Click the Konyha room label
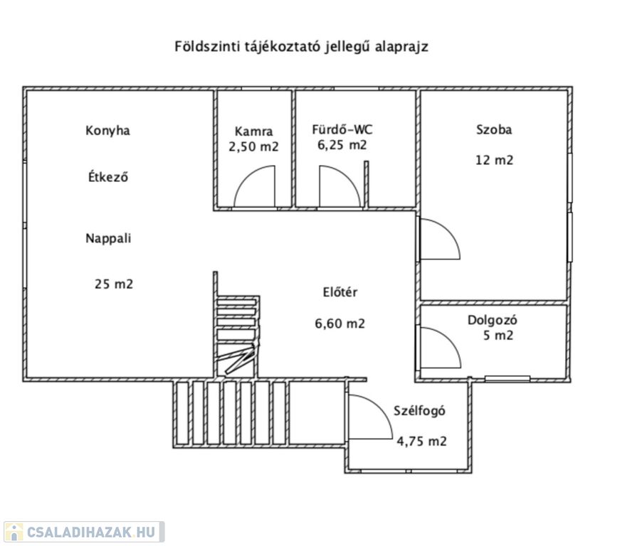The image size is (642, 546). tap(107, 132)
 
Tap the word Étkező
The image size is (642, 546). tap(108, 177)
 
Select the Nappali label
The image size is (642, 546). tap(108, 238)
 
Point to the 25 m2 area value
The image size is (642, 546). tap(114, 284)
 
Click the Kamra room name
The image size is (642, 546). tap(253, 132)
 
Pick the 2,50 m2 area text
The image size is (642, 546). tap(253, 146)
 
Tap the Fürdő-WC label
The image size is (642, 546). tap(342, 129)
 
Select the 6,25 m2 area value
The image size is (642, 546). tap(342, 145)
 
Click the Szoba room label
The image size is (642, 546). tap(494, 129)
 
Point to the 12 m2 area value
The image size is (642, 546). tap(494, 160)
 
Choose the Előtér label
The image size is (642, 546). tap(340, 292)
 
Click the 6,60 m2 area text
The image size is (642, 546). tap(340, 323)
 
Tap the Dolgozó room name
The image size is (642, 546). tap(492, 320)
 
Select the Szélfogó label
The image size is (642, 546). tap(419, 411)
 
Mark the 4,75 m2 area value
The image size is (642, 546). tap(422, 441)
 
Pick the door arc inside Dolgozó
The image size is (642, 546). tap(449, 338)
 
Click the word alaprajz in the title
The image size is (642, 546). tap(402, 47)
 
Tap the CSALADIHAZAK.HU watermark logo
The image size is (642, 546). tap(83, 532)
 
